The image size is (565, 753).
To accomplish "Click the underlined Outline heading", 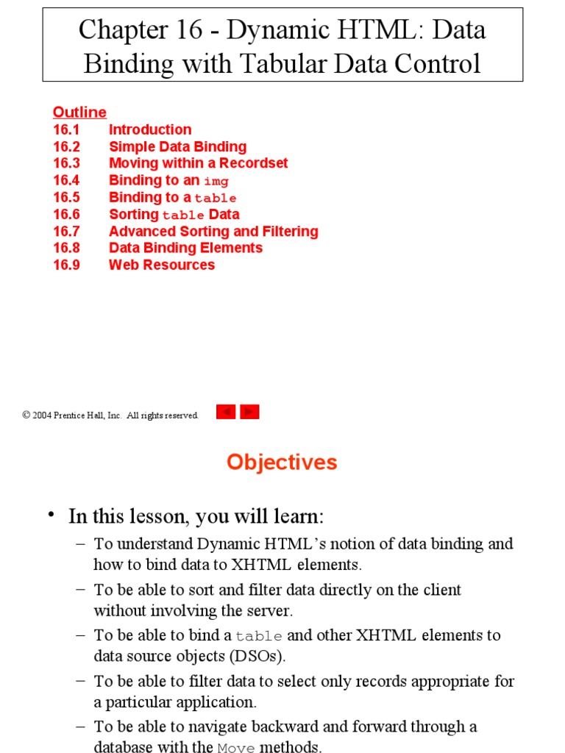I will (x=79, y=113).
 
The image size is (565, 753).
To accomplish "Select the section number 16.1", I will (x=66, y=129).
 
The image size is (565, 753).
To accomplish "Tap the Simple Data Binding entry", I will (x=177, y=146).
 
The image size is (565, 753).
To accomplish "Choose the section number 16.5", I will (x=66, y=197).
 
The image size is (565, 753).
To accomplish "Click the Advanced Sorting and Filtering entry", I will (x=213, y=232).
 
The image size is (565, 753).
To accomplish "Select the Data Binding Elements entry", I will (x=185, y=248).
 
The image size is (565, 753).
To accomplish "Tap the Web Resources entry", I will (x=162, y=265).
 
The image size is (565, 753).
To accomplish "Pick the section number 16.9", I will (x=66, y=265).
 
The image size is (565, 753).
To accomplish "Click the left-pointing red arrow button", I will (x=226, y=412).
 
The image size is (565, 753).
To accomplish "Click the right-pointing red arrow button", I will (x=250, y=412).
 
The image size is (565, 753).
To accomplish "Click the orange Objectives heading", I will (x=282, y=462).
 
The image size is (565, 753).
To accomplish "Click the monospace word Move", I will (x=236, y=749).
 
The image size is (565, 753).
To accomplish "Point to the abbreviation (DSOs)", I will (x=249, y=656).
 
